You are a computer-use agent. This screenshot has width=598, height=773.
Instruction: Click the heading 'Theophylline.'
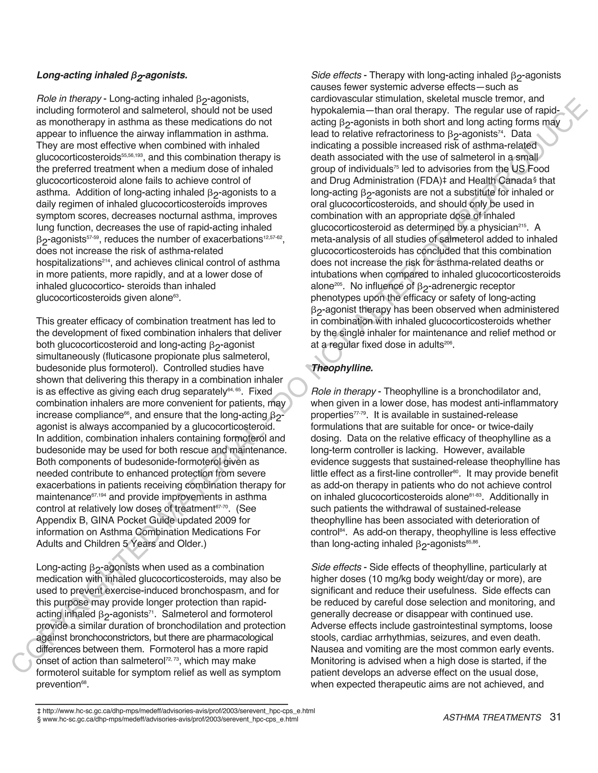pyautogui.click(x=342, y=368)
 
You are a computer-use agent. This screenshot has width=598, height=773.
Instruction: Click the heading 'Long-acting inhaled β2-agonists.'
pyautogui.click(x=112, y=75)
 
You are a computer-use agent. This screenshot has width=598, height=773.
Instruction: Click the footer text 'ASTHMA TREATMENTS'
pyautogui.click(x=492, y=718)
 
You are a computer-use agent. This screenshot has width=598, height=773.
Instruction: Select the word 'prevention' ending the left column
pyautogui.click(x=58, y=685)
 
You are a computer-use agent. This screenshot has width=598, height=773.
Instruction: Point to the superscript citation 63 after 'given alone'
pyautogui.click(x=175, y=296)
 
